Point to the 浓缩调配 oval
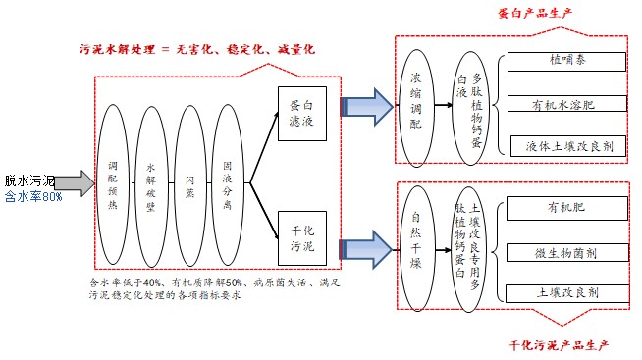tap(416, 101)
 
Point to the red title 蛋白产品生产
tap(534, 13)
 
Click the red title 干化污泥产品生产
tap(561, 346)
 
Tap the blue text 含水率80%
tap(33, 196)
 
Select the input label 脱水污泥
tap(29, 180)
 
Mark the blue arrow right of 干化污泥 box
tap(367, 241)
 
